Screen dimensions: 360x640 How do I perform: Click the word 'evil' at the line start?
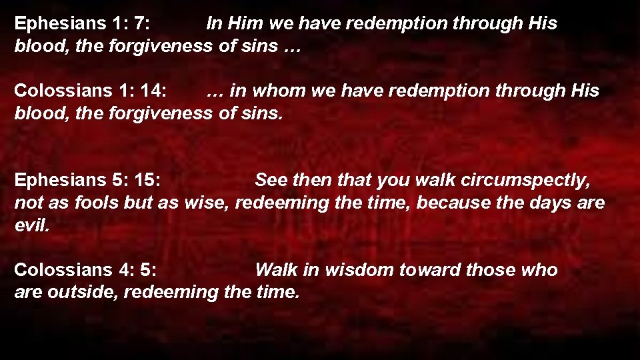coord(31,225)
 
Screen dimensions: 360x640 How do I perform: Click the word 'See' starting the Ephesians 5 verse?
coord(271,181)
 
